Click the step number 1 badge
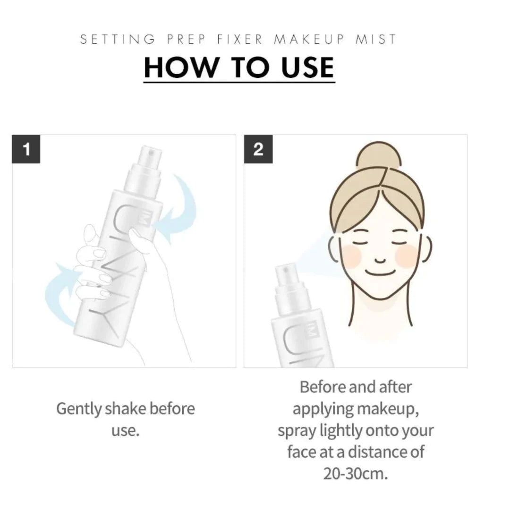pos(26,149)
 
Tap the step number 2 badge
pos(258,149)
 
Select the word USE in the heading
pos(308,68)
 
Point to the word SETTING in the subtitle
pos(118,39)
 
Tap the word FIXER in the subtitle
pos(240,39)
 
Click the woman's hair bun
pos(379,155)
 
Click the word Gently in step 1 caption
pos(79,409)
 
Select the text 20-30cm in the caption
pos(356,474)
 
